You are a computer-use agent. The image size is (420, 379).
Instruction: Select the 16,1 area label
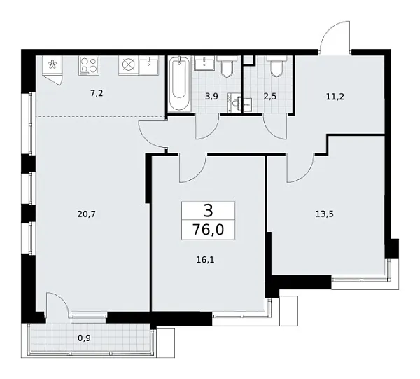pyautogui.click(x=205, y=259)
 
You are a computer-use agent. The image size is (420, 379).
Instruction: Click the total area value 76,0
pyautogui.click(x=209, y=228)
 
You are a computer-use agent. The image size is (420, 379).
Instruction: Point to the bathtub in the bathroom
pyautogui.click(x=178, y=84)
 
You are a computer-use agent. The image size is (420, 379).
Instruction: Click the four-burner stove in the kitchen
pyautogui.click(x=89, y=65)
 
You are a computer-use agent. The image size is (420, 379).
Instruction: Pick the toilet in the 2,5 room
pyautogui.click(x=276, y=67)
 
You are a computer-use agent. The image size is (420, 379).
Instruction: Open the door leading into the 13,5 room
pyautogui.click(x=298, y=168)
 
